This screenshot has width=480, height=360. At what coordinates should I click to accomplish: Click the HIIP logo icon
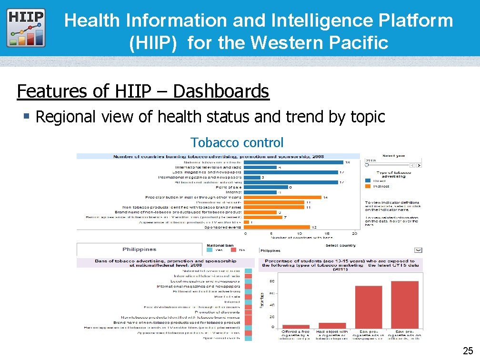point(27,27)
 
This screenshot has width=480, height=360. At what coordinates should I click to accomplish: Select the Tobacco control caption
point(237,142)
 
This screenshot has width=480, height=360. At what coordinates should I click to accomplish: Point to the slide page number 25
point(468,351)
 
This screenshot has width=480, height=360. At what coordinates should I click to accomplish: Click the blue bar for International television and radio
point(260,168)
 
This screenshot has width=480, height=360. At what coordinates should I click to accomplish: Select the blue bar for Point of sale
point(266,187)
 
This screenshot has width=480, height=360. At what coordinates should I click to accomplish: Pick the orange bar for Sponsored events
point(277,227)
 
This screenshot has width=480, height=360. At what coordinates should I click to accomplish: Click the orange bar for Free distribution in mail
point(282,197)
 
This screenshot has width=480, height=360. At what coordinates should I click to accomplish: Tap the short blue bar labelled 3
point(252,178)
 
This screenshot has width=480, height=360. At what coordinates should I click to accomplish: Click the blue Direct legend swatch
point(368,180)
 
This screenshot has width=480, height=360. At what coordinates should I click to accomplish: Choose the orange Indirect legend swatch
point(368,186)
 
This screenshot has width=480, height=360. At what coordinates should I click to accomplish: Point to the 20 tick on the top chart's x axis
point(355,234)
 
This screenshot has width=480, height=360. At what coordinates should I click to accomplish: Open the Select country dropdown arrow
point(418,250)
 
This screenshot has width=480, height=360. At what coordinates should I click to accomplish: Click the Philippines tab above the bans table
point(139,249)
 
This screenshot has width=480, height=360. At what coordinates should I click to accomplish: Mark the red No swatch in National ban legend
point(233,250)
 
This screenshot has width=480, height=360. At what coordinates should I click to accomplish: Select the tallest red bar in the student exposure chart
point(405,304)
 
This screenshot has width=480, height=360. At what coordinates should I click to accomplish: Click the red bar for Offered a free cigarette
point(296,326)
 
